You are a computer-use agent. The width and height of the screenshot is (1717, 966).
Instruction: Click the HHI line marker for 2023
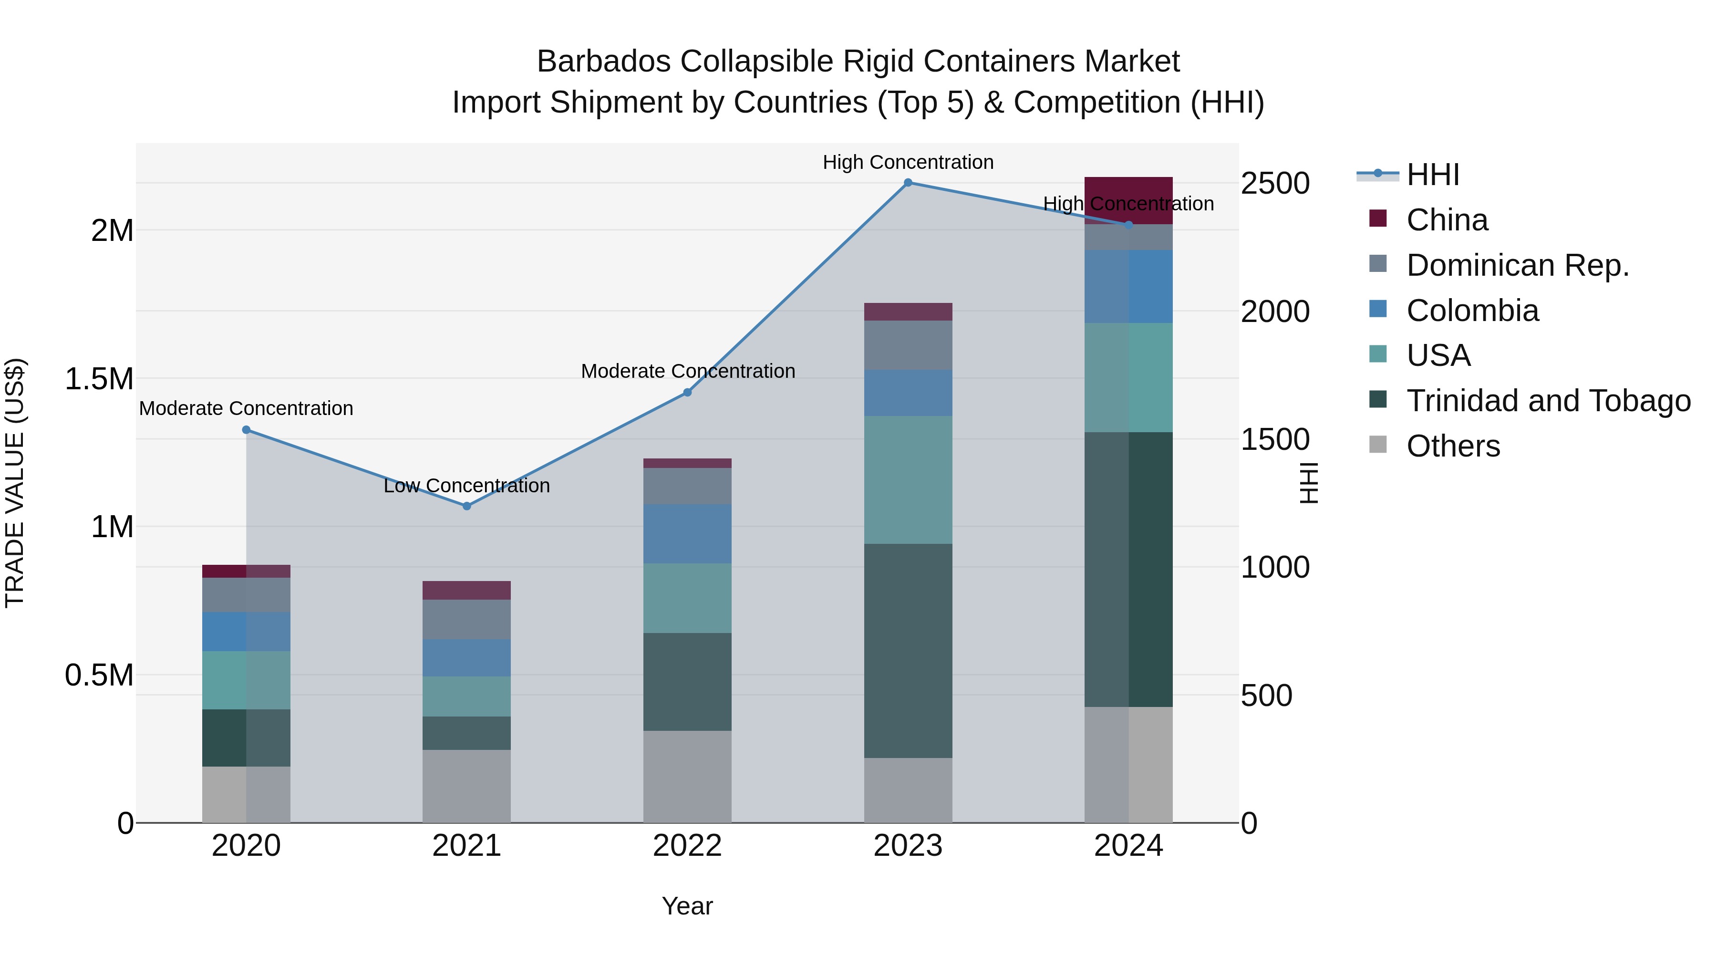[908, 183]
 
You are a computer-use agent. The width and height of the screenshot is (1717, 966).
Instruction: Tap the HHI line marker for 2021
[466, 506]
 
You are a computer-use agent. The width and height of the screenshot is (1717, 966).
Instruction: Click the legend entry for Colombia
[1472, 311]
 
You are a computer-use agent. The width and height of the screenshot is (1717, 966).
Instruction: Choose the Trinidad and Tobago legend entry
[1548, 401]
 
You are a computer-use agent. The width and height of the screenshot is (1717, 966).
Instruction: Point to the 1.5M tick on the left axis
[99, 379]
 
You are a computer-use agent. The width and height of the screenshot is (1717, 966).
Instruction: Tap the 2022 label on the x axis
[687, 846]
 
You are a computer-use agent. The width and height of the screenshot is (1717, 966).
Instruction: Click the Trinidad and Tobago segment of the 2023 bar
[908, 650]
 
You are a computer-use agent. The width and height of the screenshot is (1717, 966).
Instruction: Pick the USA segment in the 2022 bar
[687, 598]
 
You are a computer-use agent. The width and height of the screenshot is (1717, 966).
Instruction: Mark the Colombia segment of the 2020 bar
[246, 631]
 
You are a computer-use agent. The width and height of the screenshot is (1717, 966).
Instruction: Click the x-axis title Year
[687, 906]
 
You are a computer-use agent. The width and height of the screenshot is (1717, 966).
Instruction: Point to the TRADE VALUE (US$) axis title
[15, 483]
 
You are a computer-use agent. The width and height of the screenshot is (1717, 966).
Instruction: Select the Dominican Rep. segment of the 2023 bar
[908, 345]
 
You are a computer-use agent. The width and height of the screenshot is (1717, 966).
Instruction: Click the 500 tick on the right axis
[1266, 696]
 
